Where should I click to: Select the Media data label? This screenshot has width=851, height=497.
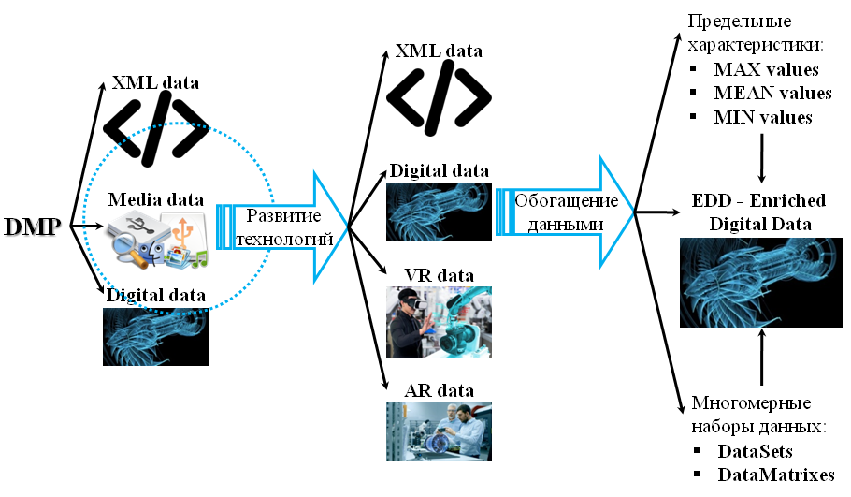coord(155,199)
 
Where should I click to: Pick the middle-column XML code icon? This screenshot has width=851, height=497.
coord(439,97)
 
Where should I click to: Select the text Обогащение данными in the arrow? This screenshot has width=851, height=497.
coord(566,213)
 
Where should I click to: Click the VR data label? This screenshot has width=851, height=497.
coord(439,275)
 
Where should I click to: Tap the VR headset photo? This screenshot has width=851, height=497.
coord(439,322)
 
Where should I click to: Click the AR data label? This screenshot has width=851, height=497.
coord(439,390)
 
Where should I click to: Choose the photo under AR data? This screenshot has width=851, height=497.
coord(439,431)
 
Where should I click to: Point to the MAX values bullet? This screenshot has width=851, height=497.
coord(765,70)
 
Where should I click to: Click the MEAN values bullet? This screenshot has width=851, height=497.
coord(772,94)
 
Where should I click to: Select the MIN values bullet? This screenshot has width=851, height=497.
coord(762,118)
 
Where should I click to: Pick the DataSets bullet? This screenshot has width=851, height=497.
coord(755,451)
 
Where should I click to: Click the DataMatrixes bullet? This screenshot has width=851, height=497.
coord(775,475)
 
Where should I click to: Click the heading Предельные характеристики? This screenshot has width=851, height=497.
coord(752,33)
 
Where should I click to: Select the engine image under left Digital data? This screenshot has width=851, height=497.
coord(155,336)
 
